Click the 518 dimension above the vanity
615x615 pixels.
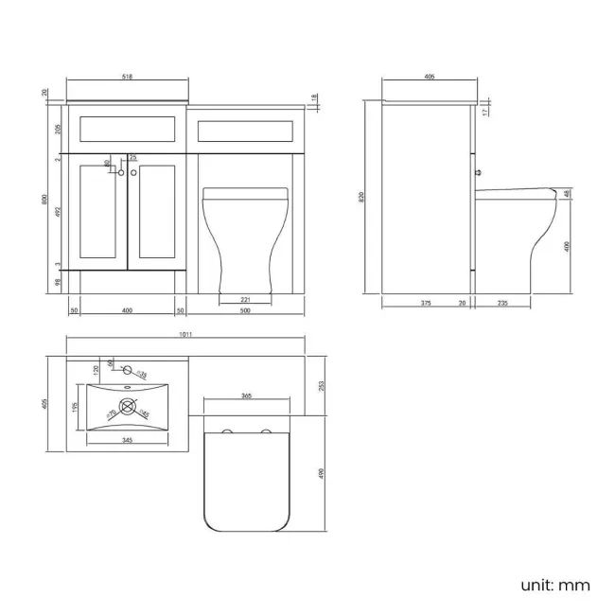click(127, 78)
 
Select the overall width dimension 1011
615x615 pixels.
click(184, 334)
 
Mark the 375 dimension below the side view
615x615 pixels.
click(425, 304)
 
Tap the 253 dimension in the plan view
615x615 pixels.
click(323, 385)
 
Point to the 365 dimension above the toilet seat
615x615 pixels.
click(245, 395)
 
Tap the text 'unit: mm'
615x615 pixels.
click(554, 585)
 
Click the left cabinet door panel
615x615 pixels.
click(103, 211)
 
